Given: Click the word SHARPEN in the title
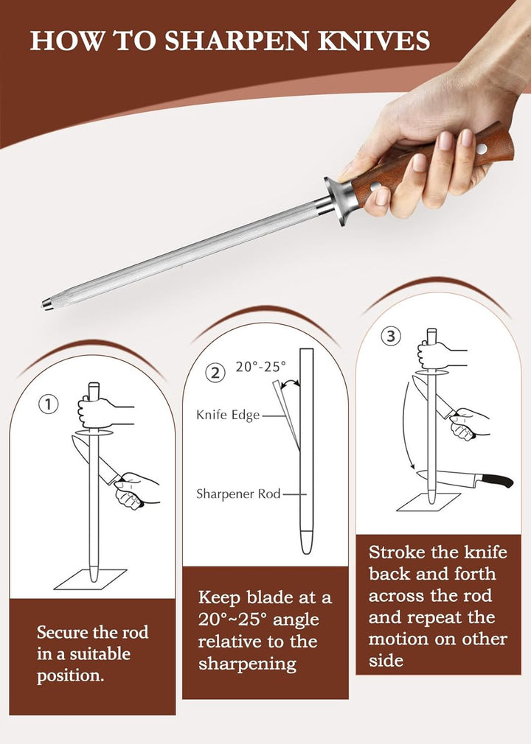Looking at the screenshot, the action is click(x=236, y=41).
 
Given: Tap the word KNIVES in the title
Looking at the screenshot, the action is click(x=374, y=41).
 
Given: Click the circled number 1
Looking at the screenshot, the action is click(x=49, y=404).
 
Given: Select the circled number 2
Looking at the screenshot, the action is click(x=215, y=373).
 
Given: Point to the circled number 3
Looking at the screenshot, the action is click(x=391, y=337).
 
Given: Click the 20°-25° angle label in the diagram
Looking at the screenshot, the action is click(x=261, y=366).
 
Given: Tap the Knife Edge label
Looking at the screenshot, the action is click(x=228, y=415).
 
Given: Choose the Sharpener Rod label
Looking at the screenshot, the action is click(x=238, y=494).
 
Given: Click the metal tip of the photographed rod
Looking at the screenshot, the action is click(x=47, y=303).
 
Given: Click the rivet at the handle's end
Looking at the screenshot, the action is click(x=482, y=149).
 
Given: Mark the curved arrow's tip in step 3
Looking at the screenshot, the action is click(x=414, y=469).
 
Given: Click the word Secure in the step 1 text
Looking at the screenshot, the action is click(x=63, y=633).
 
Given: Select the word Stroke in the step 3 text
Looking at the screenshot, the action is click(x=397, y=552).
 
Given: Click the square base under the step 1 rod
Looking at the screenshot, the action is click(x=90, y=579).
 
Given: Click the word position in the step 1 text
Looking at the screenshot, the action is click(x=70, y=676).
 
